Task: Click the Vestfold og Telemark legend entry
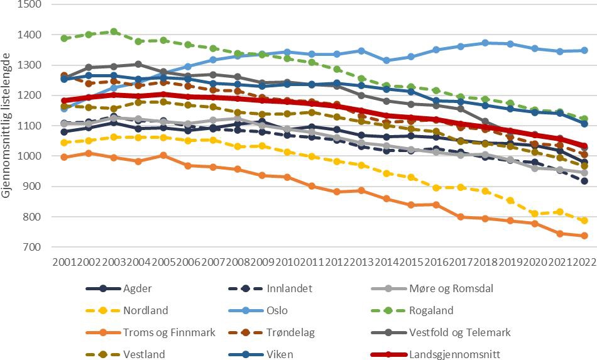click(x=459, y=332)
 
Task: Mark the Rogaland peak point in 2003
click(x=114, y=31)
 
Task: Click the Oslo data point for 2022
click(x=584, y=50)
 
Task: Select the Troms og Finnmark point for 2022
click(x=584, y=236)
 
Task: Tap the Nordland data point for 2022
click(x=584, y=221)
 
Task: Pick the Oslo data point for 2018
click(x=485, y=43)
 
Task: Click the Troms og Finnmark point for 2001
click(x=64, y=157)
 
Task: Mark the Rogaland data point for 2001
click(x=64, y=38)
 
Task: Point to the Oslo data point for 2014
click(x=386, y=60)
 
